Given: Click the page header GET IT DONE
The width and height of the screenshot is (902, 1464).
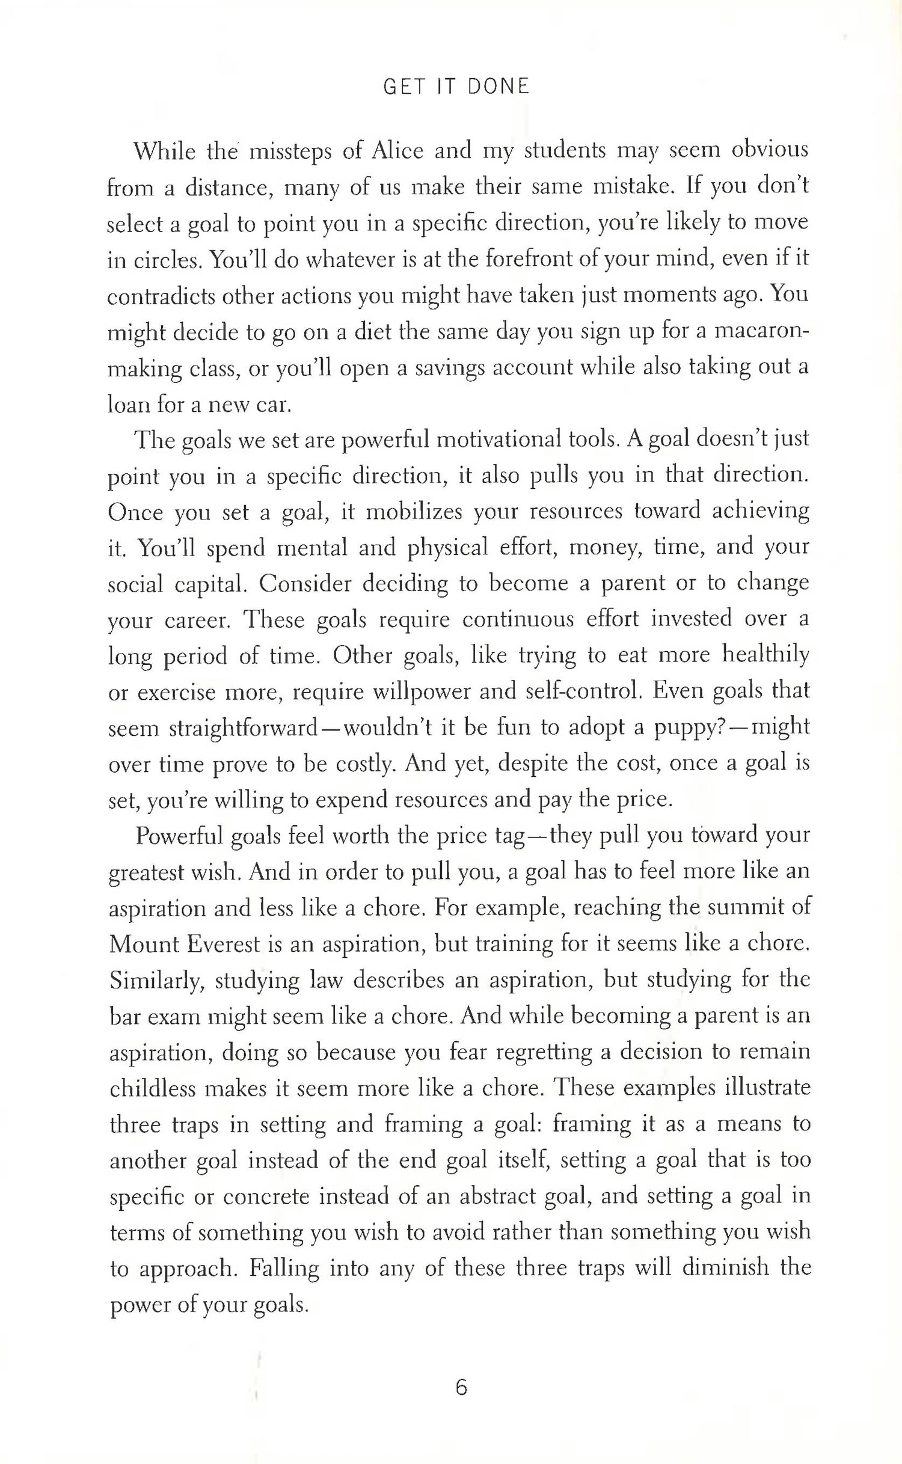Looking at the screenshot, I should point(456,87).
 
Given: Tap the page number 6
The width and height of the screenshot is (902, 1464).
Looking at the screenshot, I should point(461,1388).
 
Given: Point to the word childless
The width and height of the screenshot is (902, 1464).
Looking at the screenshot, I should point(153,1089).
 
